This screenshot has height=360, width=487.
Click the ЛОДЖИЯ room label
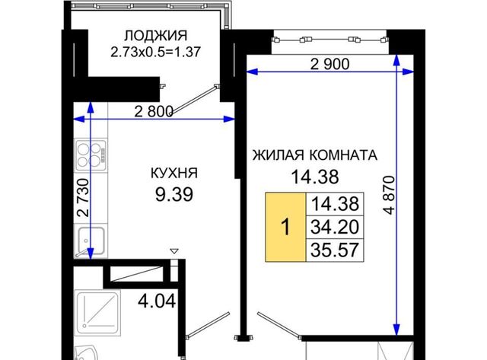(x=155, y=36)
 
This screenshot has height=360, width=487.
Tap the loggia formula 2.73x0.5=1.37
(x=155, y=52)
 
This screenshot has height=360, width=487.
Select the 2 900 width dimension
(x=329, y=64)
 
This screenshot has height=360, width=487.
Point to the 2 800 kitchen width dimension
(x=154, y=112)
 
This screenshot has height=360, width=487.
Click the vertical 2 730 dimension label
(x=83, y=198)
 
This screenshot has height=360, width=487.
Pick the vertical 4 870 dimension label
(x=389, y=195)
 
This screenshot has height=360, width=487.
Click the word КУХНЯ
(x=174, y=173)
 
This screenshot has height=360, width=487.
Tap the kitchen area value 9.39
(x=174, y=194)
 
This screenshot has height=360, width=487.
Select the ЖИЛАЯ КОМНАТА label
(x=314, y=155)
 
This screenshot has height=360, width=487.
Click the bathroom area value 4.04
(x=157, y=301)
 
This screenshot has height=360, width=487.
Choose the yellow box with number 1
(x=285, y=227)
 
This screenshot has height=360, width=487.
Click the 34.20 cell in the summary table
(x=335, y=227)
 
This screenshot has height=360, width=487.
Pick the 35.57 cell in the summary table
(x=335, y=250)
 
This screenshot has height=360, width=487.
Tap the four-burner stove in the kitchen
(x=91, y=155)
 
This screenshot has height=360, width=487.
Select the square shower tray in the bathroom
(x=98, y=313)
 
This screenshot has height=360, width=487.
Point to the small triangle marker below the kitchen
(x=174, y=250)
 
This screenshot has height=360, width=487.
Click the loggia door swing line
(x=194, y=100)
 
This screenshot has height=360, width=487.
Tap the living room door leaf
(x=278, y=326)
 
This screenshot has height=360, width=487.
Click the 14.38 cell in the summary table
(x=335, y=204)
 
